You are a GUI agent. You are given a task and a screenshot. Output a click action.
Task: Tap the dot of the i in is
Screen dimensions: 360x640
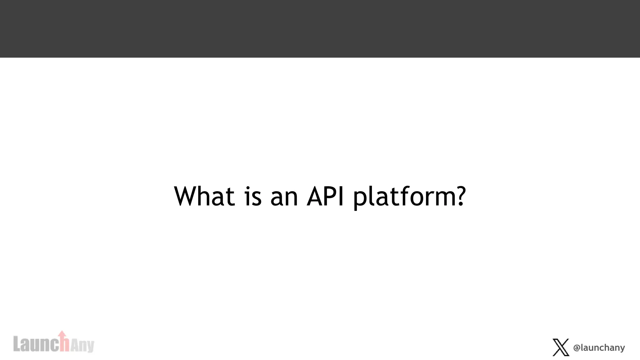pyautogui.click(x=247, y=188)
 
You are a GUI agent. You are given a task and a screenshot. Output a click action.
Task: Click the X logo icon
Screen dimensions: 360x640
pyautogui.click(x=561, y=347)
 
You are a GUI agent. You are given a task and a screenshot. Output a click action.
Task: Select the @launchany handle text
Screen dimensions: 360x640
pyautogui.click(x=599, y=347)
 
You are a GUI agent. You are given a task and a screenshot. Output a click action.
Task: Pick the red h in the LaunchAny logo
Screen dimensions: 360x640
pyautogui.click(x=64, y=345)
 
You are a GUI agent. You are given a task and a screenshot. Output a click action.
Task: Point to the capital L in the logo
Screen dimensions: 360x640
pyautogui.click(x=17, y=344)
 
